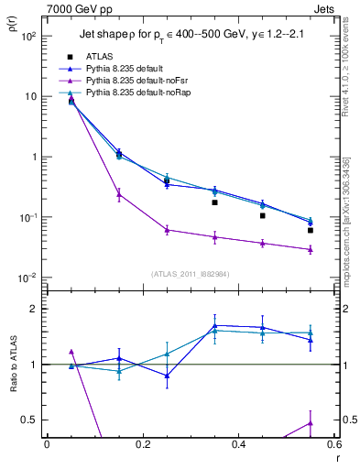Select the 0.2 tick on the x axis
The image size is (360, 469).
[x=143, y=445]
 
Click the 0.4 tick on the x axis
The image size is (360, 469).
[x=238, y=445]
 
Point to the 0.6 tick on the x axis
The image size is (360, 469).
[x=333, y=445]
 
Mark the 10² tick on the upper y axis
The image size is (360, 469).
[x=28, y=36]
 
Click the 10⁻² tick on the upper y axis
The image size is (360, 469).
[x=28, y=278]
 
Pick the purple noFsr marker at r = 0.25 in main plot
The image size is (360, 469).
[x=167, y=230]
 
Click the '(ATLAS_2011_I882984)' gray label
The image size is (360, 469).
[x=191, y=273]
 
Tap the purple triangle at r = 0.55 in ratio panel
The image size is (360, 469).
[x=311, y=422]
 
